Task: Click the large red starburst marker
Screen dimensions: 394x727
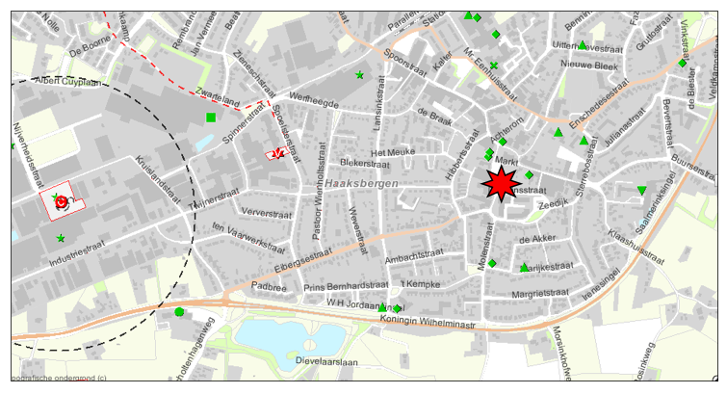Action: [500, 183]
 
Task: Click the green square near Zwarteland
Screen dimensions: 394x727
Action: [211, 118]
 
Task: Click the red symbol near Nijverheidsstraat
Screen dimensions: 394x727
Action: [61, 202]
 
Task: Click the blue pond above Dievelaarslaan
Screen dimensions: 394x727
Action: [288, 338]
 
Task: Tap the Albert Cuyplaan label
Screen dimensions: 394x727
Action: [67, 82]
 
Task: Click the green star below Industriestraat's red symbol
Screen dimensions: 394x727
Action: [61, 238]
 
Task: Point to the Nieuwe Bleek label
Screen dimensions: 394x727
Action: [588, 66]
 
